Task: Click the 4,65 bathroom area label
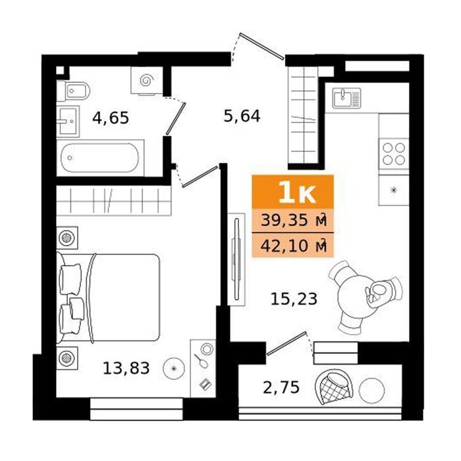(111, 118)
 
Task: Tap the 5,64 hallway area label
(242, 116)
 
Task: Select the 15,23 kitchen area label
(294, 299)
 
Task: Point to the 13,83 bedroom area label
(126, 368)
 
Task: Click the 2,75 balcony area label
(281, 387)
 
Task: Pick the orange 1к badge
(293, 192)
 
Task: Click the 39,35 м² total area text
(294, 221)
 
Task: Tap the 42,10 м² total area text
(294, 246)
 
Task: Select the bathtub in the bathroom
(99, 157)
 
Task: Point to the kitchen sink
(346, 98)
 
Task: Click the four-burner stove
(394, 153)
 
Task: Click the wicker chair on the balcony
(334, 387)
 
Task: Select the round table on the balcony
(371, 391)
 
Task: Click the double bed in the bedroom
(108, 298)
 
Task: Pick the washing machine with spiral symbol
(147, 80)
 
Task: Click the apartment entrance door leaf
(261, 46)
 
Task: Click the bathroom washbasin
(68, 121)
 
